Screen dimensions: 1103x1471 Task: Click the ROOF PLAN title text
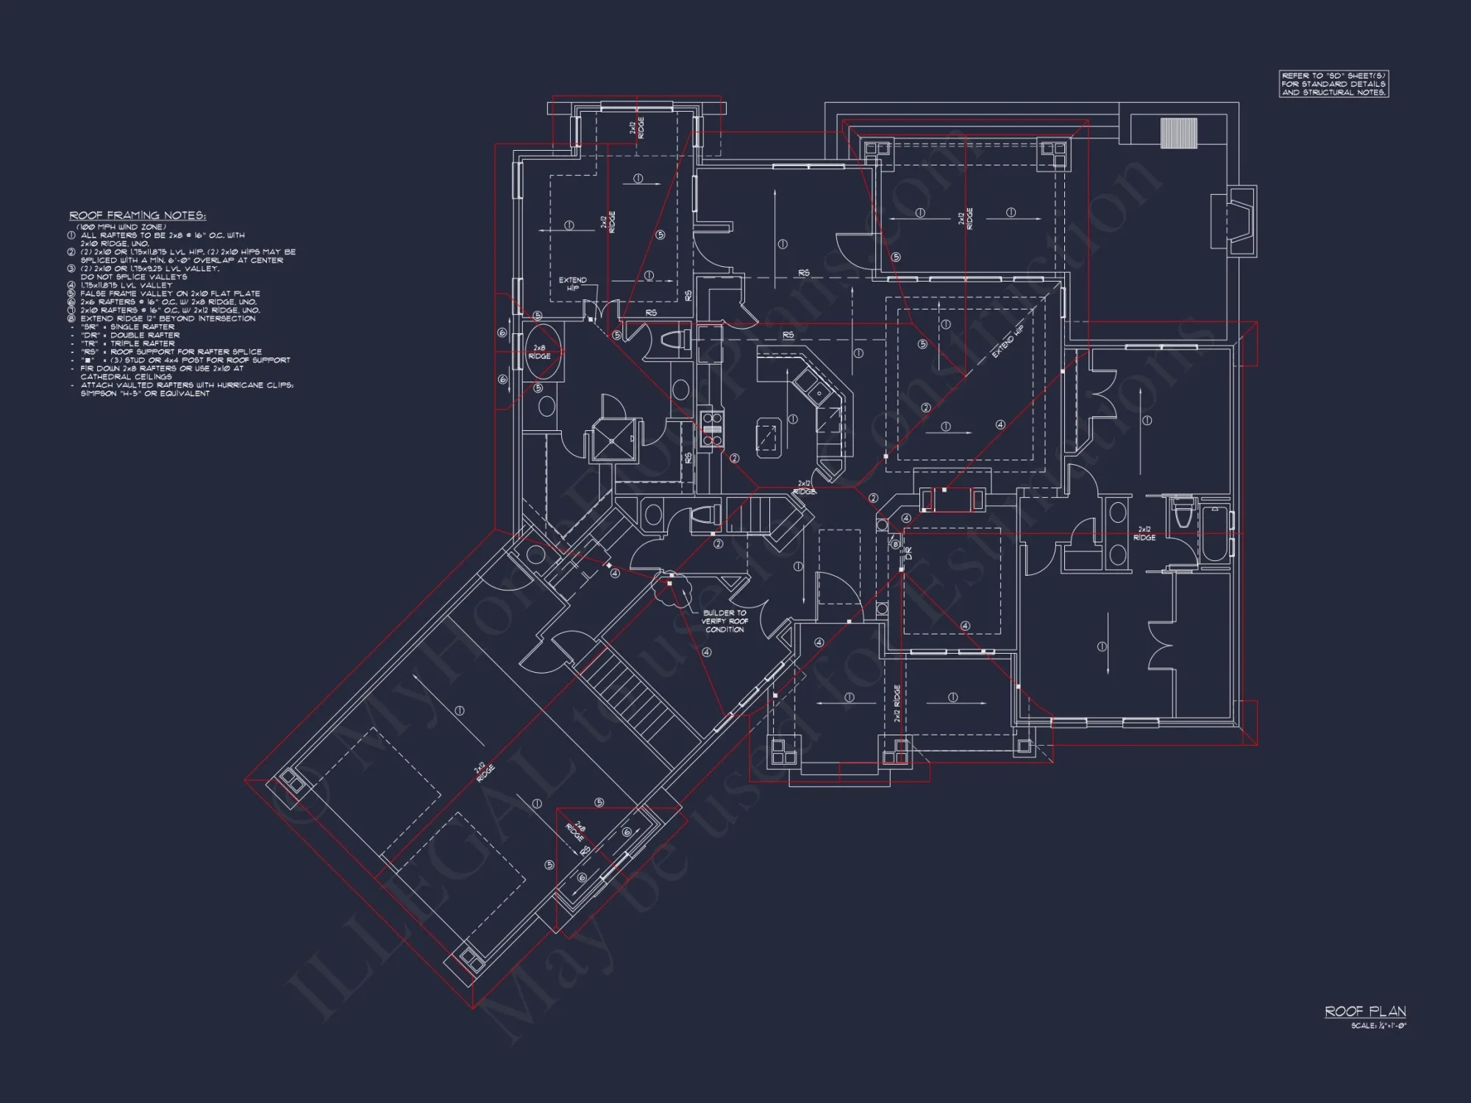1365,1012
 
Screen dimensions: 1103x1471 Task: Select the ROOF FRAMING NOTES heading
138,215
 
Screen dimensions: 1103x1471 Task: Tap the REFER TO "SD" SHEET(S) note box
1333,85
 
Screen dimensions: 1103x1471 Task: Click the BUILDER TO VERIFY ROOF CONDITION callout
724,621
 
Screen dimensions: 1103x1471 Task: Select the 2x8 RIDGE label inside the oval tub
539,351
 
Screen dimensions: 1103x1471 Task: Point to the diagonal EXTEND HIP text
1008,342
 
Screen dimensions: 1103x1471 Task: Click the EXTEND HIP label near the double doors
572,284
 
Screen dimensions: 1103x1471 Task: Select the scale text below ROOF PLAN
1378,1026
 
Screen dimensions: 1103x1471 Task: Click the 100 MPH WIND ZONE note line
121,227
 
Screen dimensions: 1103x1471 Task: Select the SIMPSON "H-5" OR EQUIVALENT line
145,393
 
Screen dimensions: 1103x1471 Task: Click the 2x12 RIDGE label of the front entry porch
897,703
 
